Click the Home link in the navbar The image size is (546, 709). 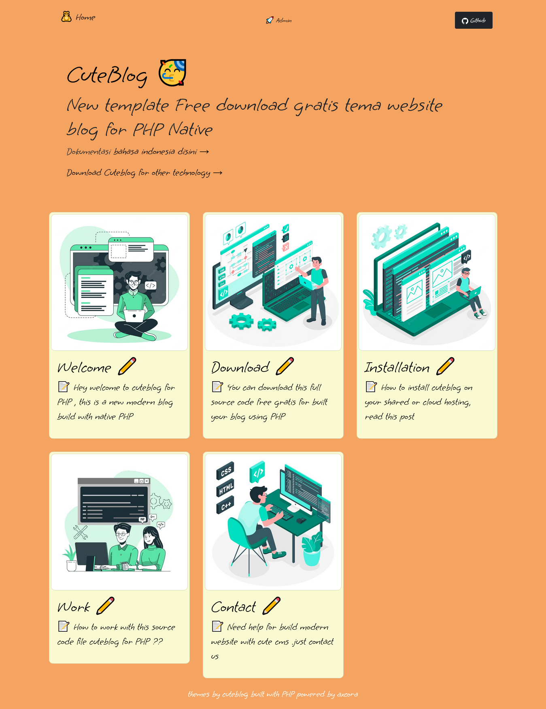tap(85, 17)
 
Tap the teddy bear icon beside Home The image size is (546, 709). tap(66, 17)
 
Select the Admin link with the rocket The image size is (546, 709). tap(279, 20)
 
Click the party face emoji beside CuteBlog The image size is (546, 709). tap(172, 73)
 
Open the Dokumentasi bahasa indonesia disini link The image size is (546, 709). tap(138, 152)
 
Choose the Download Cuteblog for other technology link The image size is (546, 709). tap(144, 173)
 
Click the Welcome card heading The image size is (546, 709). tap(84, 367)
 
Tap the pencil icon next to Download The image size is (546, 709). tap(285, 366)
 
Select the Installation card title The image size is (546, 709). tap(397, 367)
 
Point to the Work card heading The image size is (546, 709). tap(74, 607)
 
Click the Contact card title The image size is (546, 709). tap(234, 607)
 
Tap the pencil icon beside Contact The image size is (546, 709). tap(272, 606)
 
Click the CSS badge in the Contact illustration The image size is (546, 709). tap(225, 471)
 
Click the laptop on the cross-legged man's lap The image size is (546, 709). tap(134, 316)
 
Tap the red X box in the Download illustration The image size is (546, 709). tap(286, 247)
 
